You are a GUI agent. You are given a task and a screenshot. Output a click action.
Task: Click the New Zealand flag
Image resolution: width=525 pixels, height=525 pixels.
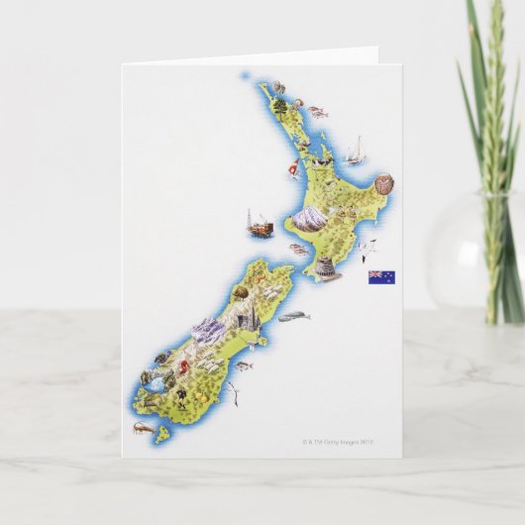tap(381, 277)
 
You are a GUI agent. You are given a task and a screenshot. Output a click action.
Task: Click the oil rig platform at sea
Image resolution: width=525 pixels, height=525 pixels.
tap(260, 226)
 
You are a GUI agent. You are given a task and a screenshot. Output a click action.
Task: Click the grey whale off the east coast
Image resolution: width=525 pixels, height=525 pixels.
tap(294, 316)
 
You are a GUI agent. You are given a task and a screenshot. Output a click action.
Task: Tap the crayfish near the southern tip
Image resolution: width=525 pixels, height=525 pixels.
tap(142, 428)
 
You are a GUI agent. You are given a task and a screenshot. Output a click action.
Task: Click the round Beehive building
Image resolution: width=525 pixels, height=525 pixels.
tap(324, 267)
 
